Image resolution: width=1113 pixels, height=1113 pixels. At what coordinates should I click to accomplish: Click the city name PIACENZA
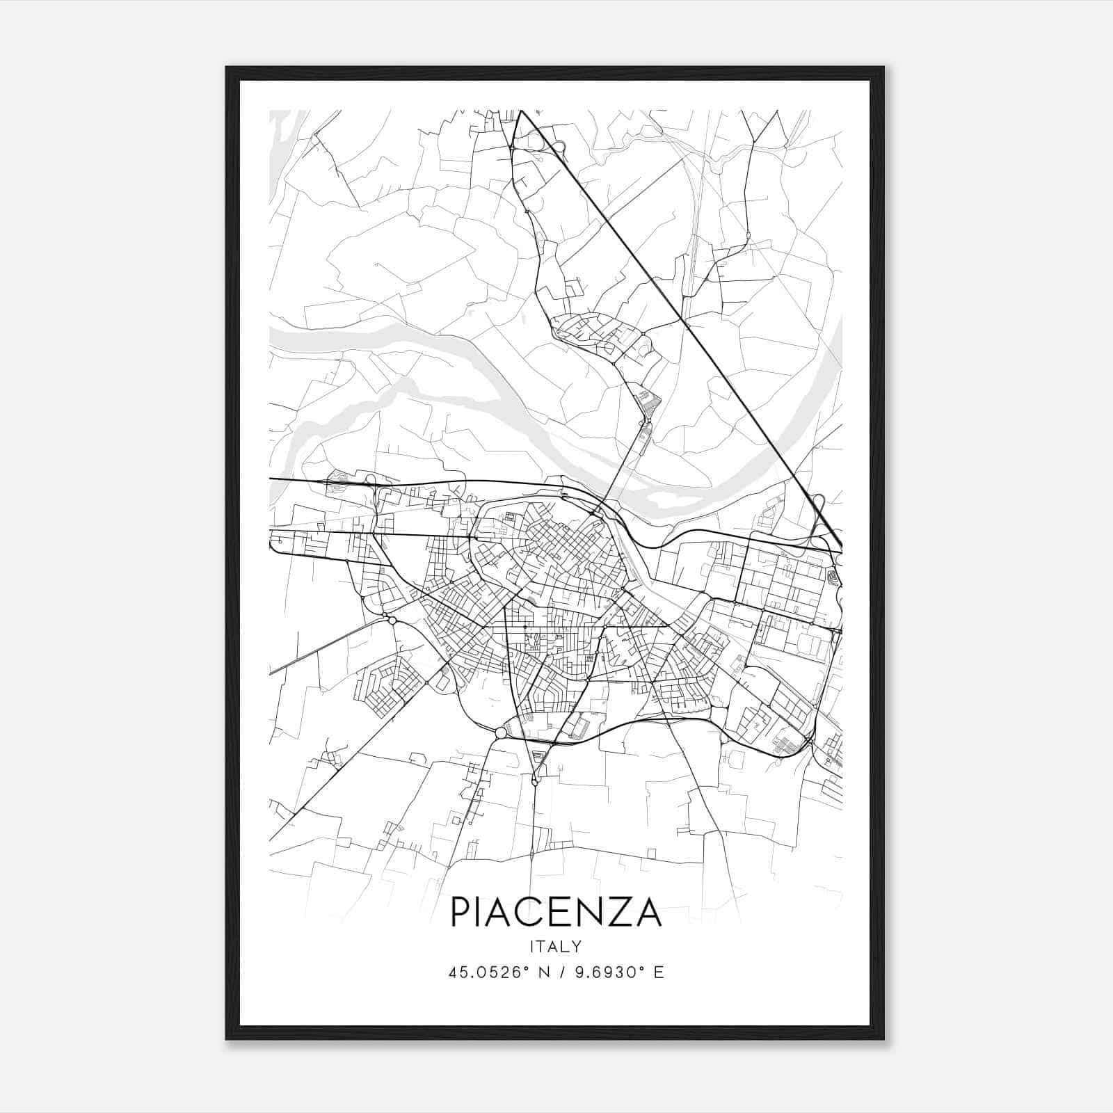coord(556,912)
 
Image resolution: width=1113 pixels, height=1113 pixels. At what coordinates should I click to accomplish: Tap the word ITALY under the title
coord(556,947)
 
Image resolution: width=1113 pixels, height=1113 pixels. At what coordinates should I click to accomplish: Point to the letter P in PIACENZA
coord(461,912)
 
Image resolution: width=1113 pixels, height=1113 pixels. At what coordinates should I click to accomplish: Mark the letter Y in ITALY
coord(577,947)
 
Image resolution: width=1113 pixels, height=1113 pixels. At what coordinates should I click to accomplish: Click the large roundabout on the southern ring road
coord(501,732)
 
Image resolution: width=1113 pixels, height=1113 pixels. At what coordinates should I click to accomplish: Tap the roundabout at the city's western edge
coord(392,620)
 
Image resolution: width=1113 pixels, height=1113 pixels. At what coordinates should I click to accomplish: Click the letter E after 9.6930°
coord(658,972)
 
